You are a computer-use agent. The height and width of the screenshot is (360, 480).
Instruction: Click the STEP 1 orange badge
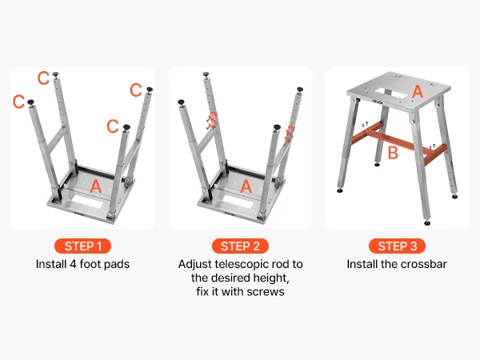click(82, 246)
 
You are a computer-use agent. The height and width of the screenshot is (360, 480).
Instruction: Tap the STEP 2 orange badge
click(240, 246)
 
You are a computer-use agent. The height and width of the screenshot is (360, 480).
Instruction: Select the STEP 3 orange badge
click(397, 246)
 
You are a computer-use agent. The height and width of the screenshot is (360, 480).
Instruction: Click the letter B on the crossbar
click(393, 153)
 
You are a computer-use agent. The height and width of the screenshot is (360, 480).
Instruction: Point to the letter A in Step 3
click(418, 91)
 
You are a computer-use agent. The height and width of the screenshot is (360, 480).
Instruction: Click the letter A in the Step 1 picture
click(96, 186)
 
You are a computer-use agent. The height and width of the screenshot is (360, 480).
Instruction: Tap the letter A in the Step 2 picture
click(246, 186)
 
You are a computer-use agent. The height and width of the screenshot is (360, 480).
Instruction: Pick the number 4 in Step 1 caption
click(73, 264)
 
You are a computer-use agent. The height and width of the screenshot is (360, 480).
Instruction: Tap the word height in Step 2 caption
click(270, 278)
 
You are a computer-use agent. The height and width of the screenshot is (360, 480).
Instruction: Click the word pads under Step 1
click(118, 264)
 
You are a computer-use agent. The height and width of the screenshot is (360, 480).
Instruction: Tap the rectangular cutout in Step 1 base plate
click(87, 203)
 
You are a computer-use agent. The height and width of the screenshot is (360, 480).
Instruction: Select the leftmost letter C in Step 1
click(18, 102)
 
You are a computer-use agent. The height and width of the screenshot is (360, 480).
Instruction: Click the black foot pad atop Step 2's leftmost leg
click(181, 102)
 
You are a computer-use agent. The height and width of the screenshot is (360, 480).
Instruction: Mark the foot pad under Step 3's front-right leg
click(428, 223)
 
